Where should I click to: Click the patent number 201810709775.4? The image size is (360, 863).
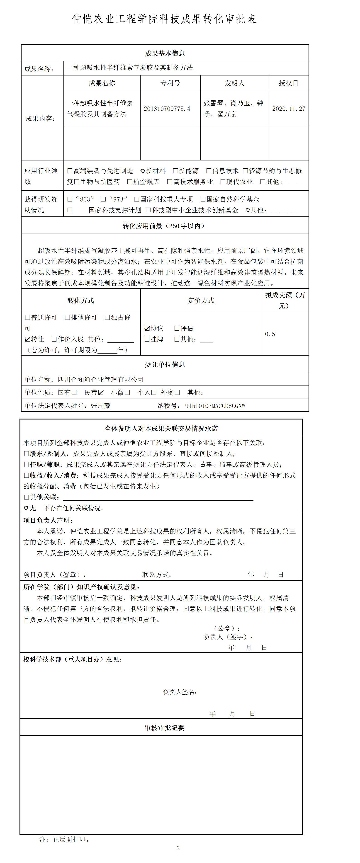[167, 109]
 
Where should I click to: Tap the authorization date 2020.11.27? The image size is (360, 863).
[289, 109]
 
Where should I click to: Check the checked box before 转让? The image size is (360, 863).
[27, 339]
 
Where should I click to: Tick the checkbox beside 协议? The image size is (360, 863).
[147, 328]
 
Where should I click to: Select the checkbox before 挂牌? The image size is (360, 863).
[147, 339]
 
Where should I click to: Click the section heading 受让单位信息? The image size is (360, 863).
[165, 364]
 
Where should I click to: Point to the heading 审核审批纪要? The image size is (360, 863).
[165, 728]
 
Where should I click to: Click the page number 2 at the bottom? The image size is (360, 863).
[178, 848]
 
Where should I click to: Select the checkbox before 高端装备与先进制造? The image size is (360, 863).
[70, 171]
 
